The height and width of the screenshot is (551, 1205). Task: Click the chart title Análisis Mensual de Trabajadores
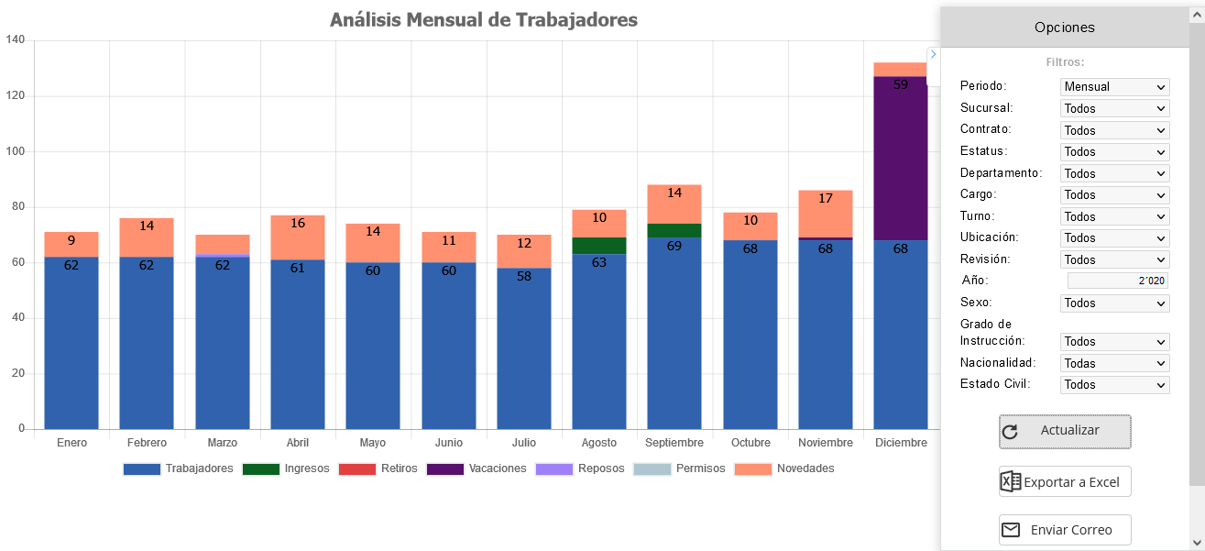[x=483, y=20]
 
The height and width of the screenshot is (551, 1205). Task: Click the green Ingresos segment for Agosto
[x=599, y=246]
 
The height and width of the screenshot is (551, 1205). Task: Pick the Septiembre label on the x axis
[x=674, y=443]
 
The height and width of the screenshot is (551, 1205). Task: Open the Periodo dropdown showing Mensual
[x=1114, y=87]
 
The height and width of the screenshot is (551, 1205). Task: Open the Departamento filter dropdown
[x=1114, y=173]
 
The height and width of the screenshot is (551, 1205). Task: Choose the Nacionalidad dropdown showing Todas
[x=1114, y=363]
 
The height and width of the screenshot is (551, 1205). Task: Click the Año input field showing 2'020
[x=1117, y=281]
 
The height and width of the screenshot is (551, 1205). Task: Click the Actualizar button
[x=1065, y=431]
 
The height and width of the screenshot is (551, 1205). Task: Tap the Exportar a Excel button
[x=1065, y=482]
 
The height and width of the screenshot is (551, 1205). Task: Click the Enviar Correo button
[x=1065, y=530]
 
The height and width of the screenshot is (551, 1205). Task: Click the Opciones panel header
[x=1064, y=28]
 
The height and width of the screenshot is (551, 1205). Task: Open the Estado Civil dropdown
[x=1114, y=385]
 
